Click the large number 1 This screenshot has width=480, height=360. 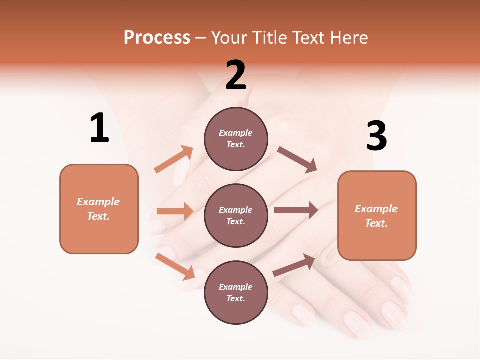(99, 128)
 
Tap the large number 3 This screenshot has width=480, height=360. (376, 136)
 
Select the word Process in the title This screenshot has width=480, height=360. (157, 38)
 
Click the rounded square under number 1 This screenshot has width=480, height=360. (99, 209)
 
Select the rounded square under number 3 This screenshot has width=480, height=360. (377, 215)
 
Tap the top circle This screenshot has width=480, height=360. (236, 139)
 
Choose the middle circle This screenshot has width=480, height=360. (236, 215)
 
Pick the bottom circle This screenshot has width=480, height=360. (236, 292)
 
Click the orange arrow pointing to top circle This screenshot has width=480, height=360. (174, 159)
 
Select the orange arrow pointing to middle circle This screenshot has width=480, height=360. (175, 211)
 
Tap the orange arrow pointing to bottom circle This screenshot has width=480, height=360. (175, 266)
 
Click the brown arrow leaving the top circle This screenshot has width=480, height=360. (297, 160)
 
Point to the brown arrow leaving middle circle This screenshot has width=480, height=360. (296, 210)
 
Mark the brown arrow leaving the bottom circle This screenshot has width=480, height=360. (294, 265)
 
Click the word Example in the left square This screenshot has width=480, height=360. (98, 202)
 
